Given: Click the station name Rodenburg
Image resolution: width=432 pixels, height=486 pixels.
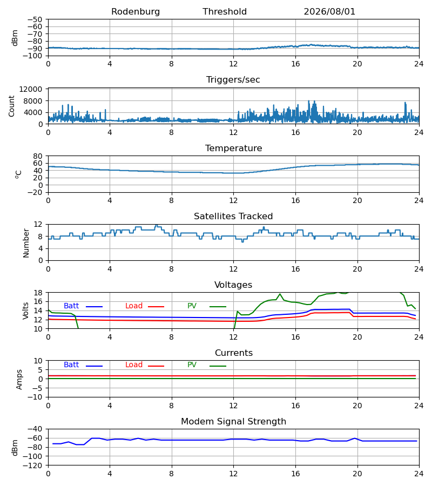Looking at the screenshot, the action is tap(136, 12).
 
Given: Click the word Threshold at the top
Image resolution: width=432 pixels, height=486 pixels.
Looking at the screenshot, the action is tap(225, 11).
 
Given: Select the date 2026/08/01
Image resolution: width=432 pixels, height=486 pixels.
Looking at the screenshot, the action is tap(329, 11).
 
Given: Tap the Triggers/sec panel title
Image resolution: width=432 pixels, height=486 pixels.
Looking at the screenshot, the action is tap(233, 80).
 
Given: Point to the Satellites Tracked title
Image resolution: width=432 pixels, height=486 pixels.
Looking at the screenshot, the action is tap(233, 216).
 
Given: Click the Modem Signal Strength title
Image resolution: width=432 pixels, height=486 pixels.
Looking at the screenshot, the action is tap(234, 422).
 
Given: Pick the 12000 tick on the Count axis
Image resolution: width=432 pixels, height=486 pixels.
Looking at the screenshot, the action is tap(31, 89).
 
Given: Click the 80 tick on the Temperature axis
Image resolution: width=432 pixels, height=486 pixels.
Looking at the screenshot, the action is tap(38, 156).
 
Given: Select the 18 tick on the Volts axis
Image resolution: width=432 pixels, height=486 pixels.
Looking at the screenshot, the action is tap(38, 293).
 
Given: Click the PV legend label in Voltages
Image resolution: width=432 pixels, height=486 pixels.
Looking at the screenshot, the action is tap(192, 306).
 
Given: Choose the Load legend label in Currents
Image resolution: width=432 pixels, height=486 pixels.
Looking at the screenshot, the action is tap(134, 365).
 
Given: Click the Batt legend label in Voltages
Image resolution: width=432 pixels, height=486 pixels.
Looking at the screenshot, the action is tap(71, 306).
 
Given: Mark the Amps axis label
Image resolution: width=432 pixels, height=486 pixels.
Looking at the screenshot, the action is tap(19, 380).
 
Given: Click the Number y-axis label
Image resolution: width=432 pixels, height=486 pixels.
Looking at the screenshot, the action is tap(26, 244).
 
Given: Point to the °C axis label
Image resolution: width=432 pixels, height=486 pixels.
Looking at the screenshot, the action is tap(18, 174).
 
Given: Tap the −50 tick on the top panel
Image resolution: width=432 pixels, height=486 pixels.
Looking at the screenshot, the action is tap(35, 19).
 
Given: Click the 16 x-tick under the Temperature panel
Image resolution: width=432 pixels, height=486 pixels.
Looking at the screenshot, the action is tap(295, 200).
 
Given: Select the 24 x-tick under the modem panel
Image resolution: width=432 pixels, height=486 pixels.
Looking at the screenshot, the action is tap(419, 474).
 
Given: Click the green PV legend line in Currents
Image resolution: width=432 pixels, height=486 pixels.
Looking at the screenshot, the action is tap(218, 366).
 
